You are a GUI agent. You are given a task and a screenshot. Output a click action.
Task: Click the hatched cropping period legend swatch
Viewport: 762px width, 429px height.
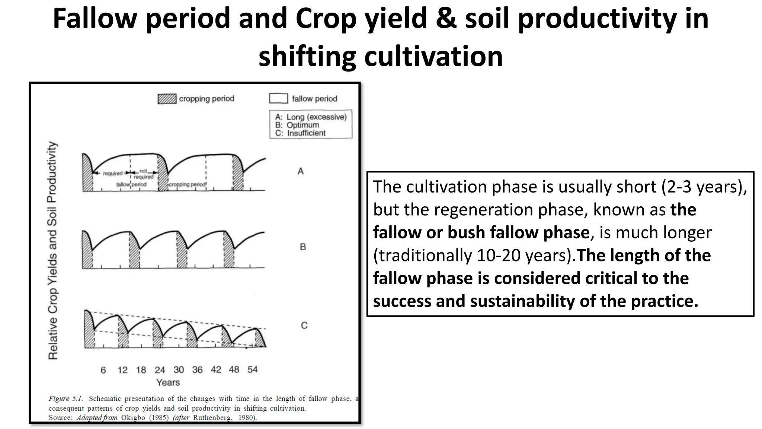(x=167, y=99)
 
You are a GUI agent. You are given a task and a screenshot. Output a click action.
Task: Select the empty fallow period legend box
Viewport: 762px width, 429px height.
(x=278, y=99)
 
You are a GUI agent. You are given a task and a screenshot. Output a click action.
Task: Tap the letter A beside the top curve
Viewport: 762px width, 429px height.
(x=301, y=171)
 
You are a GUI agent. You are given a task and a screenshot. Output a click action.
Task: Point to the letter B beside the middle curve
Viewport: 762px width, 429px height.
(x=303, y=247)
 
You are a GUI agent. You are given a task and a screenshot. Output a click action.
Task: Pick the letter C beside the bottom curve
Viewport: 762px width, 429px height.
(x=304, y=325)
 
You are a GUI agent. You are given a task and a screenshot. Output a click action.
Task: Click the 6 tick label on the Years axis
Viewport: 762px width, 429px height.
(x=103, y=370)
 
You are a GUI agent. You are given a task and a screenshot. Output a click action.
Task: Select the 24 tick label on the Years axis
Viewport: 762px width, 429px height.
(x=160, y=370)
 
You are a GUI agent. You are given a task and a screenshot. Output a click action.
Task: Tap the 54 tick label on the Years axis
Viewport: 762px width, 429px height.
(x=252, y=370)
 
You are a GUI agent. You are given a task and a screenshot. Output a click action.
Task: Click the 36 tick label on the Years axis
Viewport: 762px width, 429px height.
(x=197, y=370)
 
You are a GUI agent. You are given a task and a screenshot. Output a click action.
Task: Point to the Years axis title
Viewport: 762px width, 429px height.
(x=168, y=382)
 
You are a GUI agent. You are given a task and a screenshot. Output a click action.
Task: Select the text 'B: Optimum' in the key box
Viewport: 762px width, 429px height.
(x=297, y=125)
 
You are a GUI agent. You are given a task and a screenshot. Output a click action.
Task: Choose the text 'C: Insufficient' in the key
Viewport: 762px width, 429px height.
(x=300, y=133)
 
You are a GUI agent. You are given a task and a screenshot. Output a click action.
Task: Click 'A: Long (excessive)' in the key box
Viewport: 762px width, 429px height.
(x=311, y=117)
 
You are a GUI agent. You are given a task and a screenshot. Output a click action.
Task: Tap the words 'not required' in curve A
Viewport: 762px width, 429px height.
(x=143, y=174)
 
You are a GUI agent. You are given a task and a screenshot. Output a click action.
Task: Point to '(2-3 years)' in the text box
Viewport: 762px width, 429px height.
(x=704, y=187)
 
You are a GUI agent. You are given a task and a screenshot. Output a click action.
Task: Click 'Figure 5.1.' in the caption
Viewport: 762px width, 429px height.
(x=65, y=399)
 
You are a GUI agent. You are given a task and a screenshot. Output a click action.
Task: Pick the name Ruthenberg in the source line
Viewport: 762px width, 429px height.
(x=212, y=418)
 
